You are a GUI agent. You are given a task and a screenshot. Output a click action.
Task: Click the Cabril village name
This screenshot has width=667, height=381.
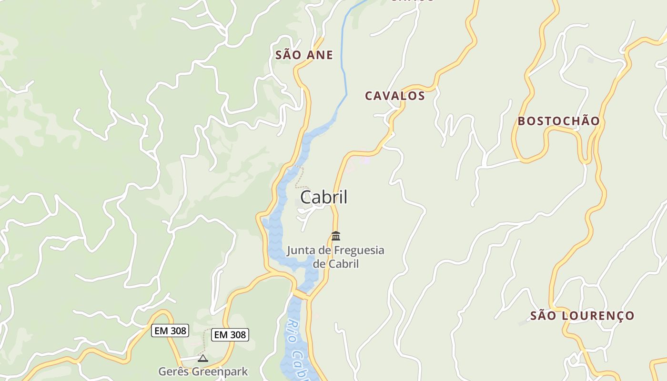coord(323,197)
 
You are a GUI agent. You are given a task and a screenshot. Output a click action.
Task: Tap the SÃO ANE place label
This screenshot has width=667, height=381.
coord(304,55)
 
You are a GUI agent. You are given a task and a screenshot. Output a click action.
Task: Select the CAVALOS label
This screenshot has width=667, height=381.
coord(394,96)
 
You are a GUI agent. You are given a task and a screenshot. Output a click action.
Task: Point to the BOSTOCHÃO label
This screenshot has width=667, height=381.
coord(558,121)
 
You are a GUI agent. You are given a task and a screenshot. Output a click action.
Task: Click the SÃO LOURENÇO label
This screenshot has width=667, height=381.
coord(582,316)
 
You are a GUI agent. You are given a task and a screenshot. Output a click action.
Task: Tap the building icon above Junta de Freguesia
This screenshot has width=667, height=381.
coord(336,236)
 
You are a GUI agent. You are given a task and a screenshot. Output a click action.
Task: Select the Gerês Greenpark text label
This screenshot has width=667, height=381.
coord(203,371)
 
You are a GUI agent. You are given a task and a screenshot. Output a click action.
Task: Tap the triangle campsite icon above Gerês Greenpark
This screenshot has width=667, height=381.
coord(203,358)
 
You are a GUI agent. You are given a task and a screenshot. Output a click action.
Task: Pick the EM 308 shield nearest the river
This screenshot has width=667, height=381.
coord(230,335)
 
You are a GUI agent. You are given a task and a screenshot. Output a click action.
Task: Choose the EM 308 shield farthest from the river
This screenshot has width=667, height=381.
coord(170,331)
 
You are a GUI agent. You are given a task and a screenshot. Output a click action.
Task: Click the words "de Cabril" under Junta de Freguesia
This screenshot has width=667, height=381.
coord(335,263)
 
